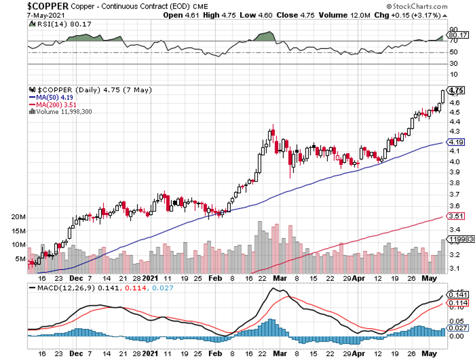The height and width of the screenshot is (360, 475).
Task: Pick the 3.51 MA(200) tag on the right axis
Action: point(455,216)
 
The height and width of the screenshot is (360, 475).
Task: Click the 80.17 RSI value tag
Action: point(456,35)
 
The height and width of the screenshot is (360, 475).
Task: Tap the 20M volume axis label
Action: point(18,217)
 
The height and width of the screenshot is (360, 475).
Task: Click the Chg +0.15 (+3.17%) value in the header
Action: point(410,15)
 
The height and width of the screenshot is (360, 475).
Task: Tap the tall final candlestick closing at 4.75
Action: point(443,96)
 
